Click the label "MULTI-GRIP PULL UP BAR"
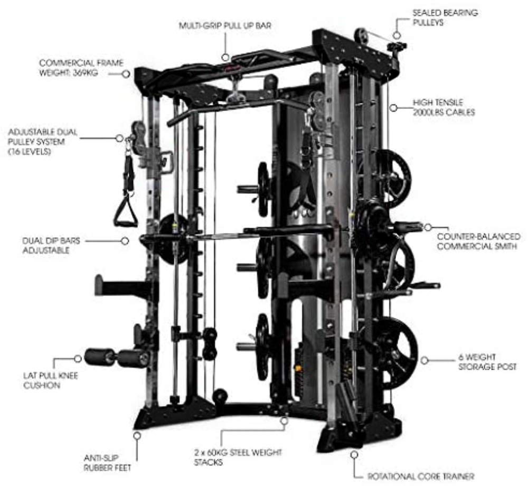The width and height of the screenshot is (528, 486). click(224, 25)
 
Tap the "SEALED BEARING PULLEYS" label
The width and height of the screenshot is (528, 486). click(445, 17)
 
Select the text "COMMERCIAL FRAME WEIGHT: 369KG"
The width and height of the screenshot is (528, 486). click(81, 68)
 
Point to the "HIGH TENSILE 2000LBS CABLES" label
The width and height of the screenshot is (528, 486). click(444, 107)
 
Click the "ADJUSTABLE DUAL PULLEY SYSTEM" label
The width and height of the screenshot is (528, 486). click(42, 142)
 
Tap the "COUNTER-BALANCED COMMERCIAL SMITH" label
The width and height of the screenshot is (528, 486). click(478, 241)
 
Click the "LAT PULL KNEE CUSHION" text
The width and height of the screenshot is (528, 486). click(51, 380)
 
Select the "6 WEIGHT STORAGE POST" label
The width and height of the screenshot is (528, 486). click(487, 362)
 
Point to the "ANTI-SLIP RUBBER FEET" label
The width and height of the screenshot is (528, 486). click(107, 463)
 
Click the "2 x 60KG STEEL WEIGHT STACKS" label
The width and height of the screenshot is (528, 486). click(238, 457)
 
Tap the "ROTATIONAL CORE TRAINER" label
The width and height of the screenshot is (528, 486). click(421, 476)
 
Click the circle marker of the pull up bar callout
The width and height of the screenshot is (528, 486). click(225, 57)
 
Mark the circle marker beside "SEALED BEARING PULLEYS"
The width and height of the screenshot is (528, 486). click(397, 35)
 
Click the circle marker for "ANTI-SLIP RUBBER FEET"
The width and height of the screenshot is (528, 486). click(137, 435)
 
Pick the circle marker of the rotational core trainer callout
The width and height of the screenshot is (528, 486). click(354, 454)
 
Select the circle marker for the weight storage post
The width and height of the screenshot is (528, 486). click(425, 360)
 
